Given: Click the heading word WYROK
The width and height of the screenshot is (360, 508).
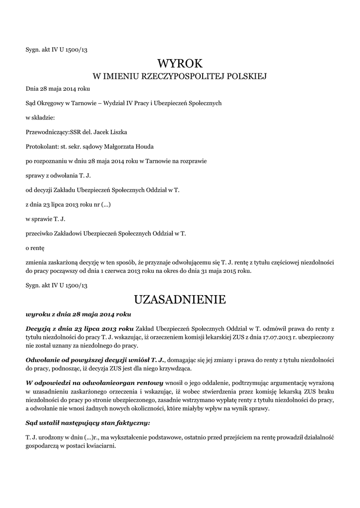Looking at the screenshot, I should point(180,63).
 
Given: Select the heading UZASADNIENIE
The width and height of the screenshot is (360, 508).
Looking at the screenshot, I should point(180,300).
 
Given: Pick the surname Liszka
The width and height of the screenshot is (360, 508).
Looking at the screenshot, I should point(118,132).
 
